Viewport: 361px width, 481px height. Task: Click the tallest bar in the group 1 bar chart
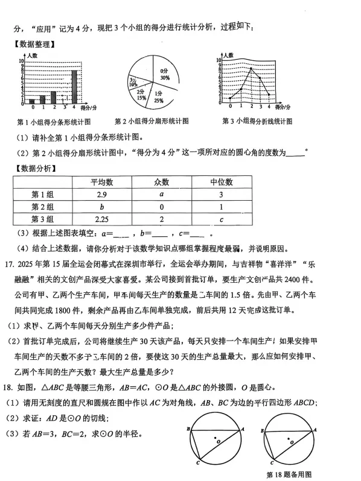[x=74, y=87]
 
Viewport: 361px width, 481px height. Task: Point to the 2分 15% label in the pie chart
[x=141, y=94]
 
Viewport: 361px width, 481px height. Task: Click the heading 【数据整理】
[x=35, y=44]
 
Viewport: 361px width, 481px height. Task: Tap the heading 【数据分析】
[x=35, y=167]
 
